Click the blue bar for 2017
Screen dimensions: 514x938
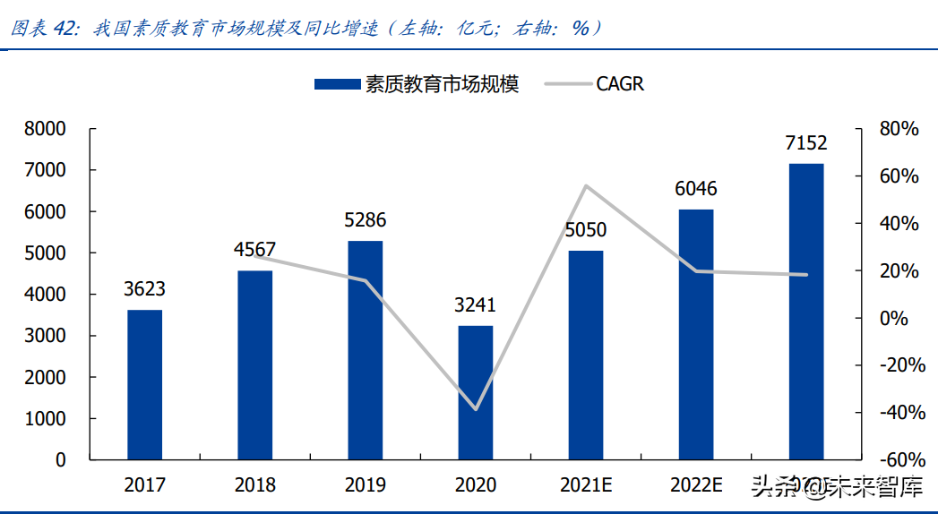point(144,385)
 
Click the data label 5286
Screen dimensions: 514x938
point(365,220)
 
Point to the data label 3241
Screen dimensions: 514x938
point(475,305)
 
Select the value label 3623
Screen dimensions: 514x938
point(144,289)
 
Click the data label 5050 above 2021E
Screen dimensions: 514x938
point(585,230)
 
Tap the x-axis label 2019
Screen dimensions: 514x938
point(365,485)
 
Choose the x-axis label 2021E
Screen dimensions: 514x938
point(585,485)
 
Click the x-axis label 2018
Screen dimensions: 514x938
point(254,485)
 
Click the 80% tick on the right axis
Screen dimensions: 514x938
point(899,129)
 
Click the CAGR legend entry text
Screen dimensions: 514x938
point(620,84)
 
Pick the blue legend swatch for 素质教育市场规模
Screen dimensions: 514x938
point(336,84)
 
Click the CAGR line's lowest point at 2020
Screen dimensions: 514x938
point(476,409)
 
